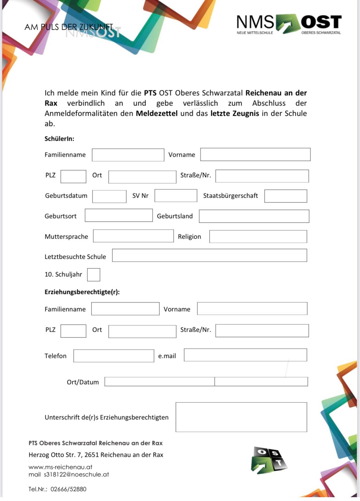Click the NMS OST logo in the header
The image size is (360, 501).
[x=289, y=24]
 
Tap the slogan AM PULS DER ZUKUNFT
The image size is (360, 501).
[x=69, y=27]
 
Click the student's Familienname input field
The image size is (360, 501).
[x=128, y=155]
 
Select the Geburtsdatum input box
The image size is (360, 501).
[x=109, y=196]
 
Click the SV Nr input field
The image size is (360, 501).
[x=176, y=196]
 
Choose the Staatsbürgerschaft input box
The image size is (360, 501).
[x=285, y=196]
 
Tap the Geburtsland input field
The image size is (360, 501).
[x=254, y=216]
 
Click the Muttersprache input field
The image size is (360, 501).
[x=133, y=236]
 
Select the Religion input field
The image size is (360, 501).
[x=258, y=237]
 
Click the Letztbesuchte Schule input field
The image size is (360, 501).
[x=209, y=256]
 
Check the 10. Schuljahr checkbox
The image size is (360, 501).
[x=93, y=275]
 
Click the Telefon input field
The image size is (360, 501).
[x=114, y=356]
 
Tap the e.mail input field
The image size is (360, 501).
[x=245, y=355]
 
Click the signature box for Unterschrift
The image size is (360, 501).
[x=241, y=417]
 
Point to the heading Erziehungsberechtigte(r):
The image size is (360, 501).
[x=82, y=292]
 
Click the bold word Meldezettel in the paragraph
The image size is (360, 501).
[x=156, y=114]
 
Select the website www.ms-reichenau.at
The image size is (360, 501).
[x=60, y=467]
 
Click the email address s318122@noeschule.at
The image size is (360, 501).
[x=76, y=474]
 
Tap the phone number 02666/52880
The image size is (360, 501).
[x=68, y=489]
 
